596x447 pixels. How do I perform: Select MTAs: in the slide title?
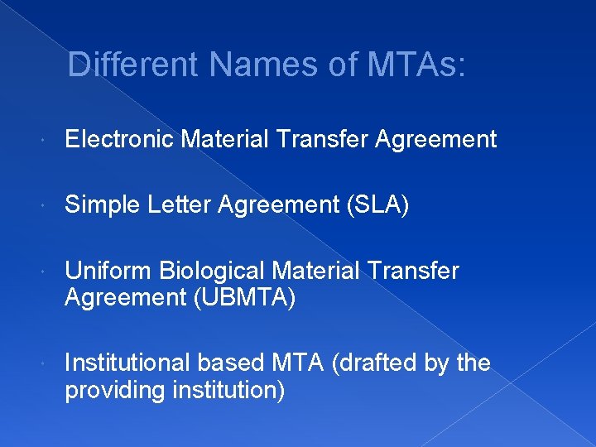(x=409, y=64)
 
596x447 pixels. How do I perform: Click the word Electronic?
(x=119, y=139)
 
